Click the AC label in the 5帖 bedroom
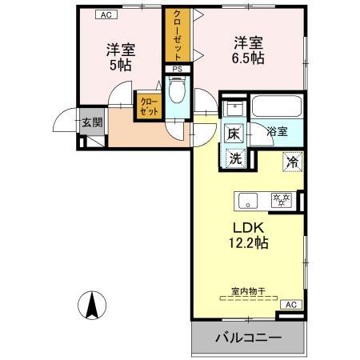pos(104,14)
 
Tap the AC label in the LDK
pos(291,304)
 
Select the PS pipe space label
pos(177,69)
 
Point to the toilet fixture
pos(178,92)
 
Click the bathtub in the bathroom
pos(276,107)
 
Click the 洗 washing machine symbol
pos(235,158)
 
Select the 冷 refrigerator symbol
pos(292,161)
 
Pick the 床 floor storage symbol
pos(234,134)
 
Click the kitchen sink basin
pos(246,198)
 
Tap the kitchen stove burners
pos(280,198)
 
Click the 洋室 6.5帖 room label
pos(250,50)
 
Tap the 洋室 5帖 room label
pos(122,57)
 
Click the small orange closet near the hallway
pos(149,106)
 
